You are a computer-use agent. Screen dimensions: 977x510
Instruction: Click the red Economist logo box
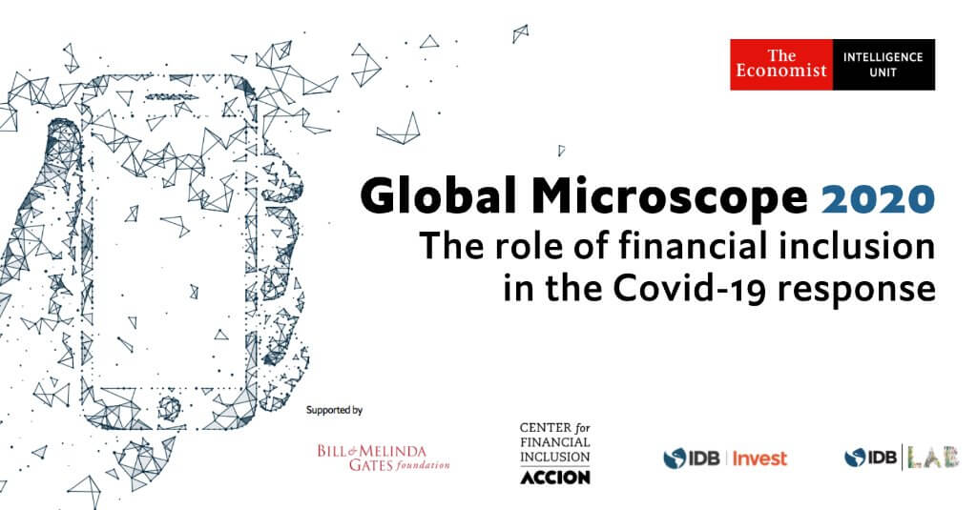tap(781, 65)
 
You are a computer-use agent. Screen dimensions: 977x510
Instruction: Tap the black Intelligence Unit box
tap(883, 65)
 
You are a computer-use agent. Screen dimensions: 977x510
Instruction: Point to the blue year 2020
tap(879, 198)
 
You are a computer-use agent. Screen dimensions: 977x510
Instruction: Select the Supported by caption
tap(334, 410)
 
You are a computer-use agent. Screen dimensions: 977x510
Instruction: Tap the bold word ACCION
tap(555, 478)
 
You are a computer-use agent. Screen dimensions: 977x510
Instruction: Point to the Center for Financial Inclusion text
tap(555, 442)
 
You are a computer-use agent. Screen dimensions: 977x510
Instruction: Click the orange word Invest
tap(759, 459)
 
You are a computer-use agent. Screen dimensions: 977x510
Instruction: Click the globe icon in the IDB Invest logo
tap(675, 459)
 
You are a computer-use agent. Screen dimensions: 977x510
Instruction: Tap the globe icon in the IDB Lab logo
tap(855, 458)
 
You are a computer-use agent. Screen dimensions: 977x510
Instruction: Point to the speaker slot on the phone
tap(172, 96)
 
